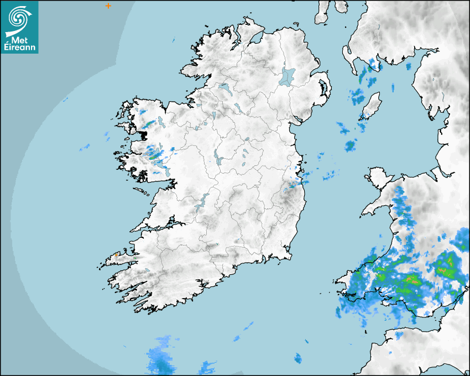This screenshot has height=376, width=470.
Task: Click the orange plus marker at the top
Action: [108, 6]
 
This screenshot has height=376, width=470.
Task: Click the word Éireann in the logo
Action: [20, 48]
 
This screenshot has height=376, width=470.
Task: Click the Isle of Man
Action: [372, 105]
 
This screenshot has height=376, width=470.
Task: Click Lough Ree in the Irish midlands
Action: [218, 159]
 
